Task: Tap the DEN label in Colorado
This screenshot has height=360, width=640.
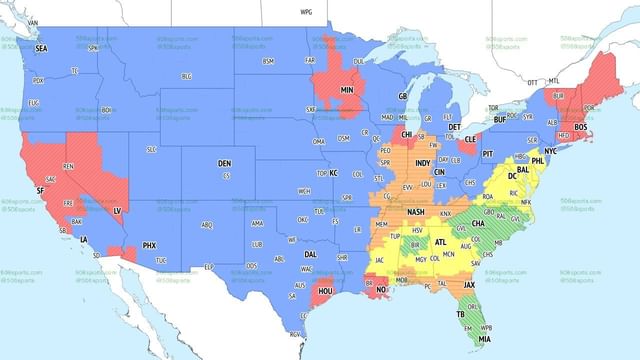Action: pyautogui.click(x=225, y=162)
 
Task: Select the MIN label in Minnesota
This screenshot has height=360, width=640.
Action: pyautogui.click(x=348, y=89)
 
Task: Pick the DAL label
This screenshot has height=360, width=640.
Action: pyautogui.click(x=310, y=255)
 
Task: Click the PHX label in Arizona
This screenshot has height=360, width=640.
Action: pyautogui.click(x=150, y=245)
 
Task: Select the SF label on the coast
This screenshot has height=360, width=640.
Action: pyautogui.click(x=40, y=190)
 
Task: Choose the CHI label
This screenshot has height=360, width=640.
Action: pyautogui.click(x=406, y=133)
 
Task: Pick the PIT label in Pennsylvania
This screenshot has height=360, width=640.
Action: pyautogui.click(x=488, y=155)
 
